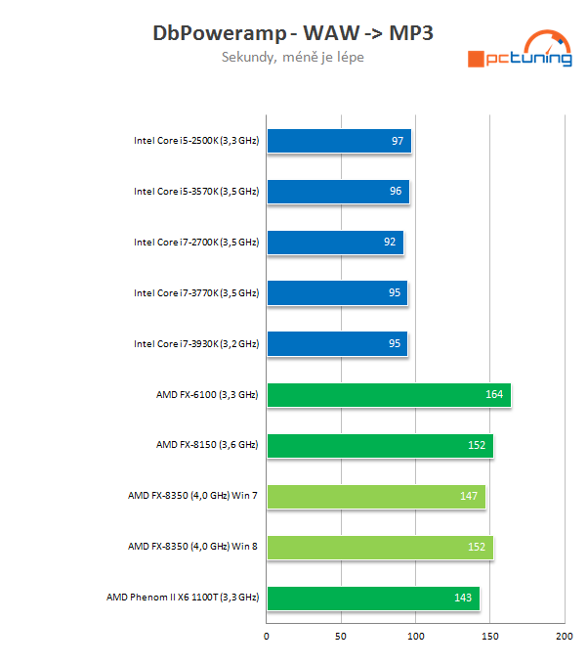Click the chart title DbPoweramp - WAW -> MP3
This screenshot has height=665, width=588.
click(293, 32)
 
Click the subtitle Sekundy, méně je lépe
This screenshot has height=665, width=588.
click(293, 57)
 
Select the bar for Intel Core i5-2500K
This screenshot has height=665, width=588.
click(338, 141)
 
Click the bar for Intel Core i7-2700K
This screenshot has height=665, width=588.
click(334, 243)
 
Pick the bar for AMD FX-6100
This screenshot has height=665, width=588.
click(388, 395)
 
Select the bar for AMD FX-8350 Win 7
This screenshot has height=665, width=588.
click(375, 497)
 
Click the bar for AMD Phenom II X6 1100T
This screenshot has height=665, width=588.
click(372, 598)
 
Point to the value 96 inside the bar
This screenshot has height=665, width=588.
click(396, 192)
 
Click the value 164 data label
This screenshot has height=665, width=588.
click(494, 395)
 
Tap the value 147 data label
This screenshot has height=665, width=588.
click(469, 497)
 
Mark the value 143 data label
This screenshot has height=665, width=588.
click(463, 598)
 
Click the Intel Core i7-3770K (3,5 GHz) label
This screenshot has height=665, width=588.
click(196, 293)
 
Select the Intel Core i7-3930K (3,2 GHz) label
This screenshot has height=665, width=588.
click(196, 344)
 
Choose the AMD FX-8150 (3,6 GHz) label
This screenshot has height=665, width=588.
click(207, 446)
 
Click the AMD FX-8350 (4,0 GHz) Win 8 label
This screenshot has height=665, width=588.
click(193, 548)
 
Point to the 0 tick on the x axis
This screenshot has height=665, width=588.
click(267, 636)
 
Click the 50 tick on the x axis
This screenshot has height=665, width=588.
click(341, 636)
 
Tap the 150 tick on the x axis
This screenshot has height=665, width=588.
click(489, 636)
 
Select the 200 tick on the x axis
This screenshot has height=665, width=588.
click(564, 636)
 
